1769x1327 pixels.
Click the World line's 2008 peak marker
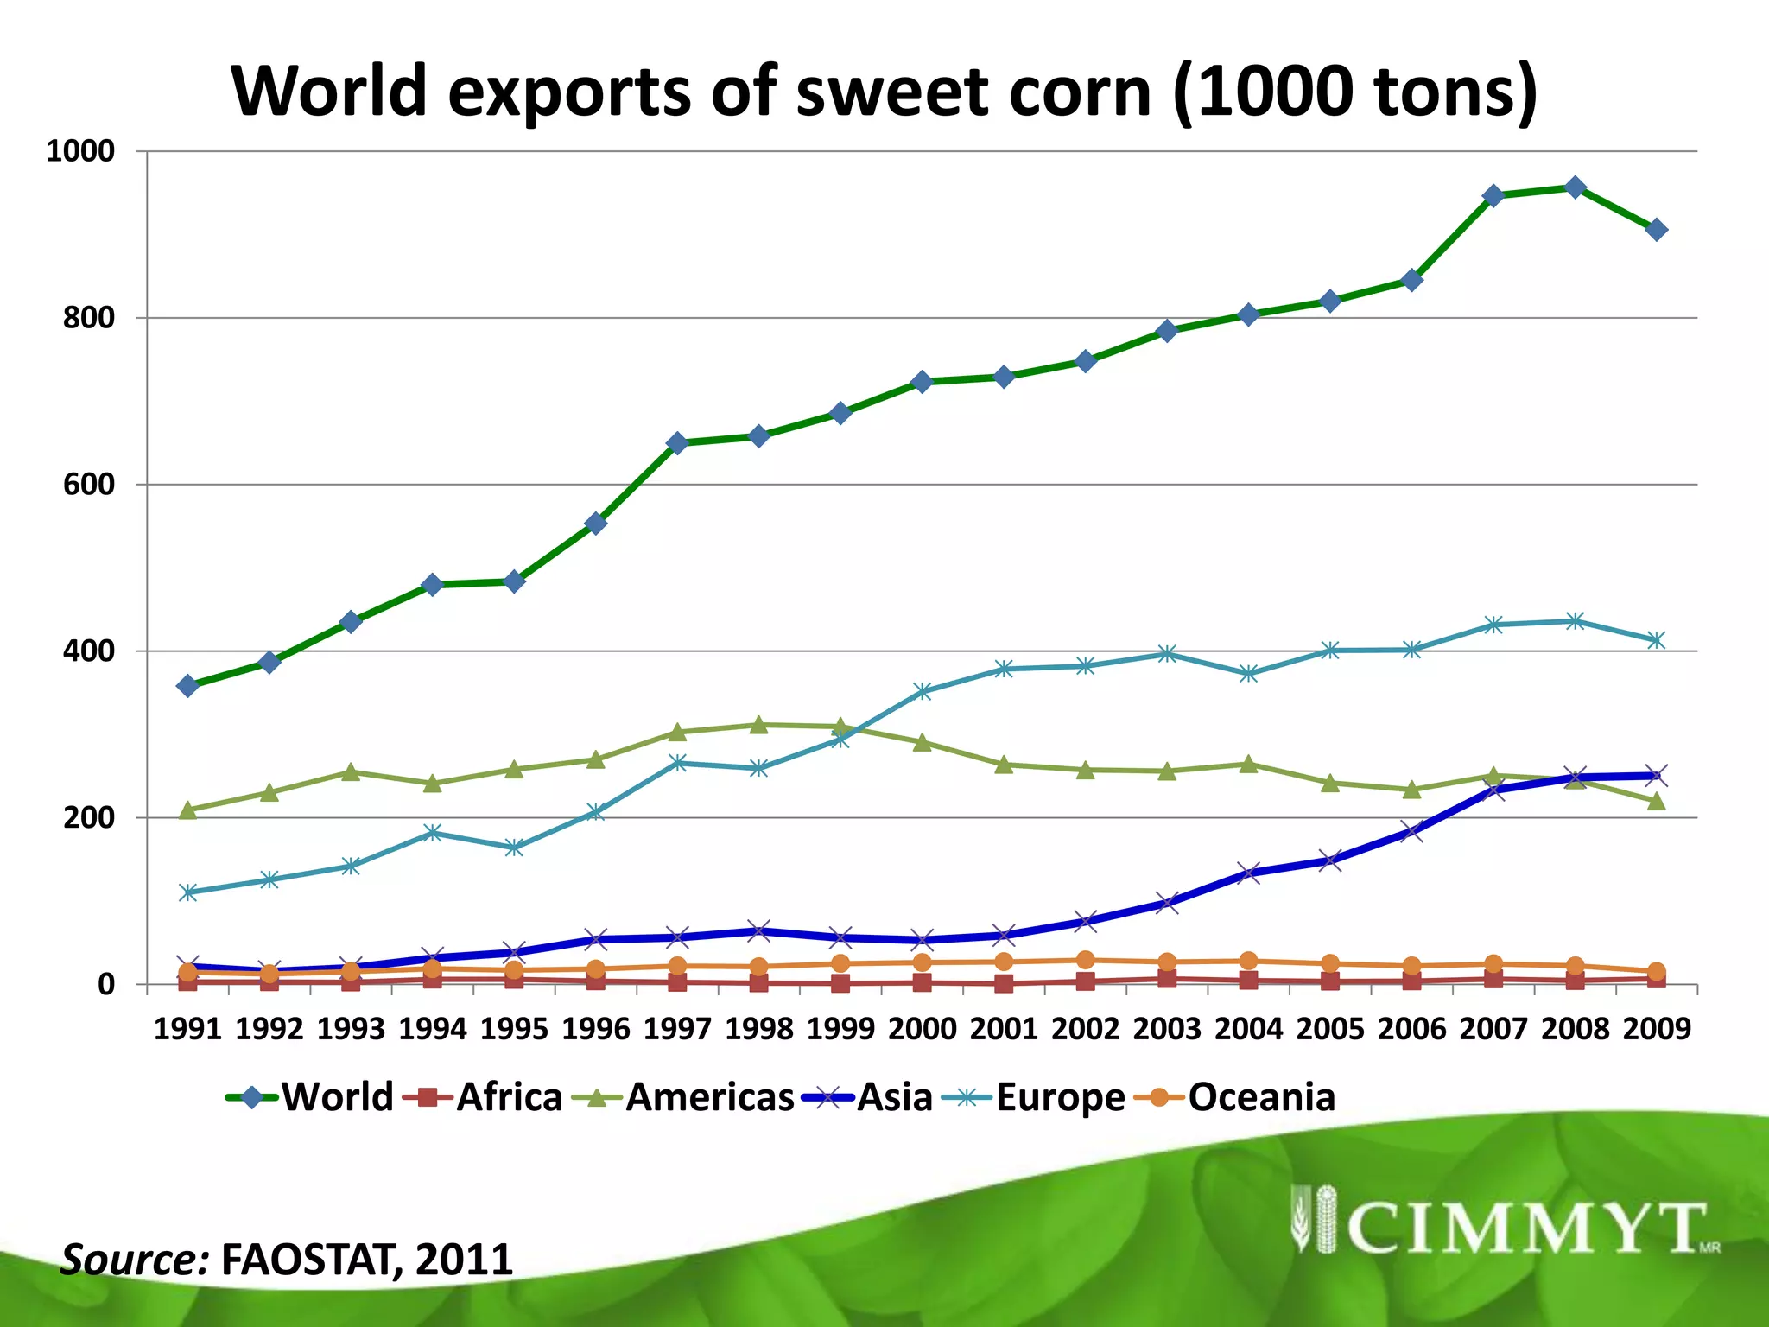coord(1575,187)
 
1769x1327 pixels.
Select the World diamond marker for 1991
coord(187,686)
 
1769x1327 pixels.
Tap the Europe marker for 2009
coord(1656,640)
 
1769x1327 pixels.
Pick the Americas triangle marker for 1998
coord(759,725)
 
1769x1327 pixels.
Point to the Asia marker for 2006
coord(1412,831)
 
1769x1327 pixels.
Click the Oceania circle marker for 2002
coord(1086,961)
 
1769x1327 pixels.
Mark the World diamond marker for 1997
coord(677,443)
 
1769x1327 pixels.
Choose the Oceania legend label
coord(1261,1097)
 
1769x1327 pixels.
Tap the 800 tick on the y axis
coord(88,318)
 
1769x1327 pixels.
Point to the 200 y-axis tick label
coord(88,817)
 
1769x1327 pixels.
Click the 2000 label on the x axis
coord(923,1029)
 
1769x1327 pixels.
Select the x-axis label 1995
coord(514,1029)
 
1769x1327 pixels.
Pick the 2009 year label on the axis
coord(1656,1029)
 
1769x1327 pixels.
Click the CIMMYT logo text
coord(1525,1229)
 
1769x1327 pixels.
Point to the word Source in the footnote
coord(134,1260)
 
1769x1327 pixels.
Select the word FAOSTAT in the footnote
coord(311,1260)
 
